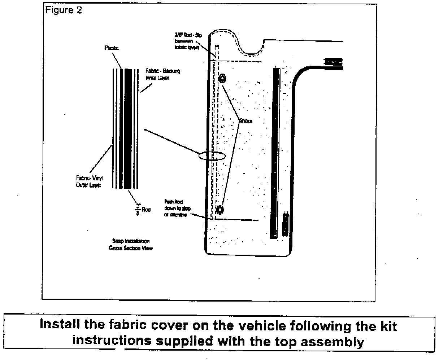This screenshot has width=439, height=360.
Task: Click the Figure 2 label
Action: point(63,10)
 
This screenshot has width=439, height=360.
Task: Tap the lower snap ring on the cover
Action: point(219,209)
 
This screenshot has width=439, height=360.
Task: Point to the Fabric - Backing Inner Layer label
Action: point(162,74)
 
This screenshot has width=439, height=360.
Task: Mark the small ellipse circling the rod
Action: point(212,156)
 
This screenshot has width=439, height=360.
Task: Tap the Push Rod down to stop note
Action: point(176,210)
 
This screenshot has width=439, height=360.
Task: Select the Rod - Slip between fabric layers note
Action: point(187,41)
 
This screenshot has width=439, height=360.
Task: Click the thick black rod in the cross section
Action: point(127,128)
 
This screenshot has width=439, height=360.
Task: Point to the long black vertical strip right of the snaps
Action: point(275,153)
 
